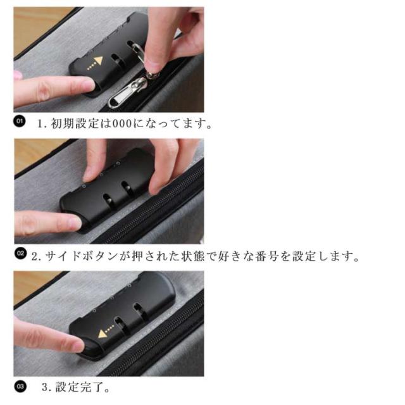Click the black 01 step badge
pos(20,121)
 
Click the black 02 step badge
pos(20,253)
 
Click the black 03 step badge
pos(20,387)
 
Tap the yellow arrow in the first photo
pos(96,63)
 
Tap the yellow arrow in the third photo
pos(106,332)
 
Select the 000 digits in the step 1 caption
pos(122,123)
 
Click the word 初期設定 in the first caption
pos(75,123)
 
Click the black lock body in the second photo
pos(107,190)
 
